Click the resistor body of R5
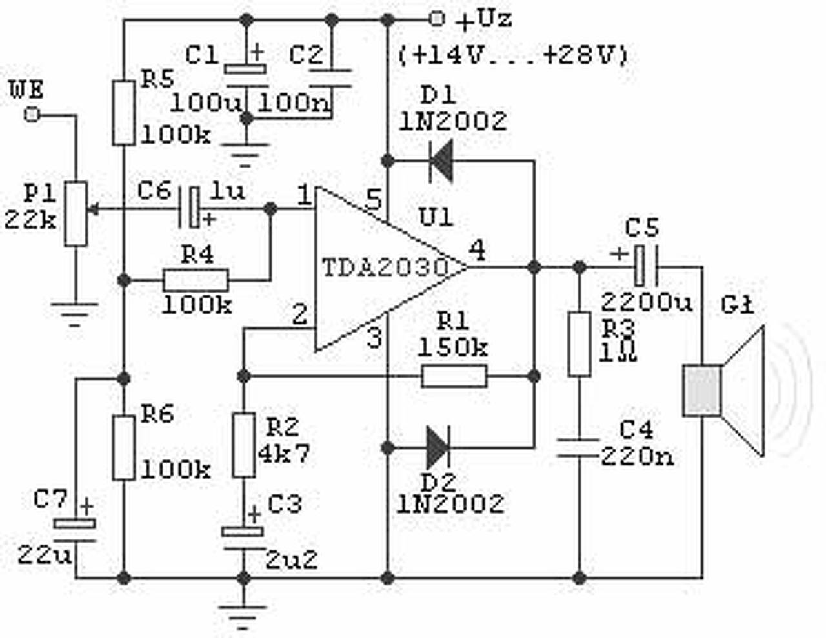coord(124,113)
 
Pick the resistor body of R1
coord(454,376)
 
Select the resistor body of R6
coord(124,448)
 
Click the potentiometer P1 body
coord(76,213)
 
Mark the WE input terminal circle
coord(30,115)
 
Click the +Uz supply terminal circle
coord(437,19)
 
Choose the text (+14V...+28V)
coord(513,55)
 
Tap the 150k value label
coord(452,348)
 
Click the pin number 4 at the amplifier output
coord(477,250)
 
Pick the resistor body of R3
coord(579,343)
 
